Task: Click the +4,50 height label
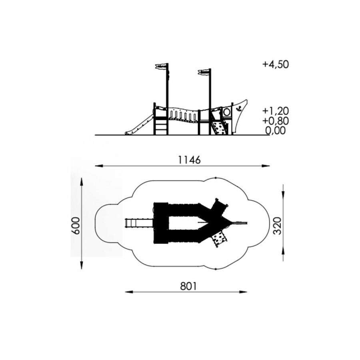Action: tap(276, 64)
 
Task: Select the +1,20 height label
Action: tap(276, 111)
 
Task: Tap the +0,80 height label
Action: tap(276, 121)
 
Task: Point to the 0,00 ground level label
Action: tap(276, 130)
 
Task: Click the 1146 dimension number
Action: tap(189, 160)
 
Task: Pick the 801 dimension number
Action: tap(188, 286)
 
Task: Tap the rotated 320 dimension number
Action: tap(277, 226)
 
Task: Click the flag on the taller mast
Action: tap(162, 66)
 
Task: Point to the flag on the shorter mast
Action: tap(204, 72)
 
